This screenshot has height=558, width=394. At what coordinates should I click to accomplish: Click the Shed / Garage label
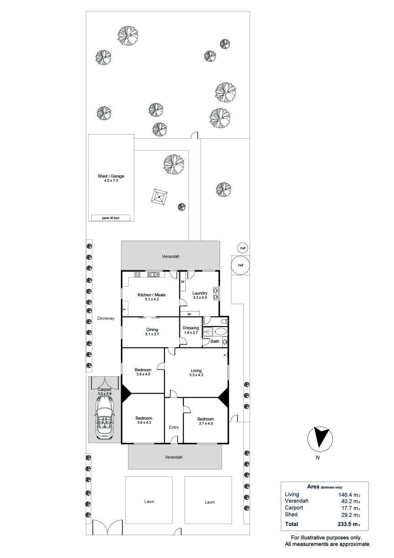pyautogui.click(x=111, y=176)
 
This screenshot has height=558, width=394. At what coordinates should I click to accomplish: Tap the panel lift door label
pyautogui.click(x=110, y=218)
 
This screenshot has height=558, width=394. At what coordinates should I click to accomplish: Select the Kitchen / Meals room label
pyautogui.click(x=152, y=295)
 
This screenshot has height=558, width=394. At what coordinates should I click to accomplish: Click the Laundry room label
pyautogui.click(x=200, y=293)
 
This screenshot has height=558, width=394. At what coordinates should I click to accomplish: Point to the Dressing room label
pyautogui.click(x=191, y=328)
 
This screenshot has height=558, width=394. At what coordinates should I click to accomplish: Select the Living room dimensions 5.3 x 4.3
pyautogui.click(x=196, y=375)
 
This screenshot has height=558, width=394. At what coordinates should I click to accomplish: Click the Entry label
pyautogui.click(x=174, y=427)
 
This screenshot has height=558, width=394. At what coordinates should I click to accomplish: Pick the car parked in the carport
pyautogui.click(x=105, y=418)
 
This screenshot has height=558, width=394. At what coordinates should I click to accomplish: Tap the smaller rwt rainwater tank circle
pyautogui.click(x=243, y=248)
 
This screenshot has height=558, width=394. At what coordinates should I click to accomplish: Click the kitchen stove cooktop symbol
pyautogui.click(x=137, y=274)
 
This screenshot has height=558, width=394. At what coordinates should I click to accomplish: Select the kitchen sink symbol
pyautogui.click(x=153, y=274)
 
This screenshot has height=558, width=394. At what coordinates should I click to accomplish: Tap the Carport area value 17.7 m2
pyautogui.click(x=351, y=508)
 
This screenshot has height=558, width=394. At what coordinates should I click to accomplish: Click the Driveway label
pyautogui.click(x=106, y=318)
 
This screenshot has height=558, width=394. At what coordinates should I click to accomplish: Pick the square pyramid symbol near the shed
pyautogui.click(x=159, y=197)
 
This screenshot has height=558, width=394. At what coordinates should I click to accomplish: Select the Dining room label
pyautogui.click(x=152, y=330)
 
